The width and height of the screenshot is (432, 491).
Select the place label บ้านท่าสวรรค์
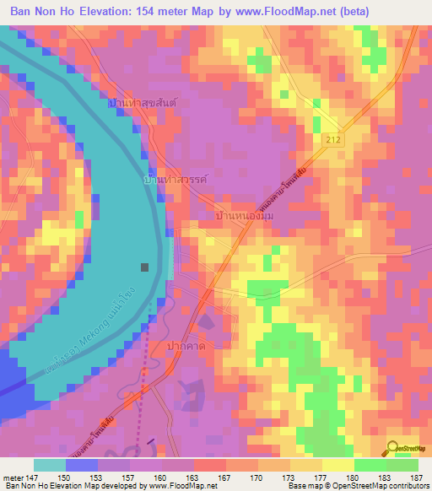point(175,181)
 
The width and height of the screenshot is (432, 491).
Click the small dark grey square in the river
point(146,267)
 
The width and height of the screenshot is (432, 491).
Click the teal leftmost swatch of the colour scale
point(50,465)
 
